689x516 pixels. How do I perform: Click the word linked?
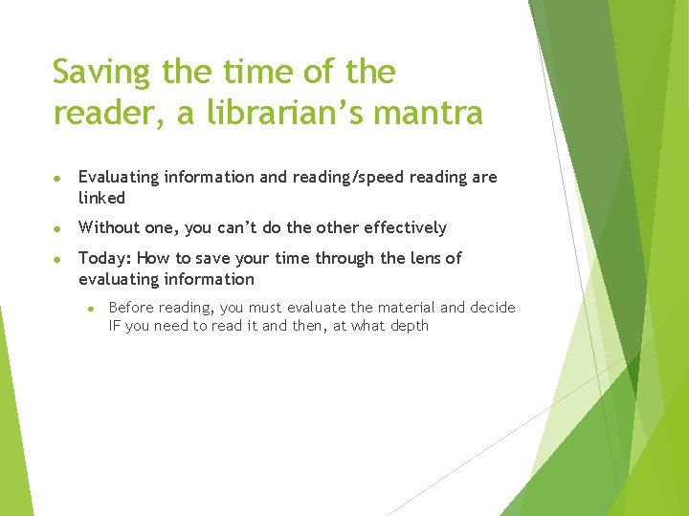(101, 198)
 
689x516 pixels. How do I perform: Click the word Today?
(105, 258)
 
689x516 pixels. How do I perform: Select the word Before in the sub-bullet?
(133, 308)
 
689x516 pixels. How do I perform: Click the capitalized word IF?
(116, 326)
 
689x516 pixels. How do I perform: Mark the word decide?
(492, 308)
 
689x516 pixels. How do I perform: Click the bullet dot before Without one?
(59, 228)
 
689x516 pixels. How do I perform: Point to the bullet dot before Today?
(59, 259)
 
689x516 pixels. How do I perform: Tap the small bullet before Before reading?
(90, 308)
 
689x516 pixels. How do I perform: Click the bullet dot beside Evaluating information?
(59, 178)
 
